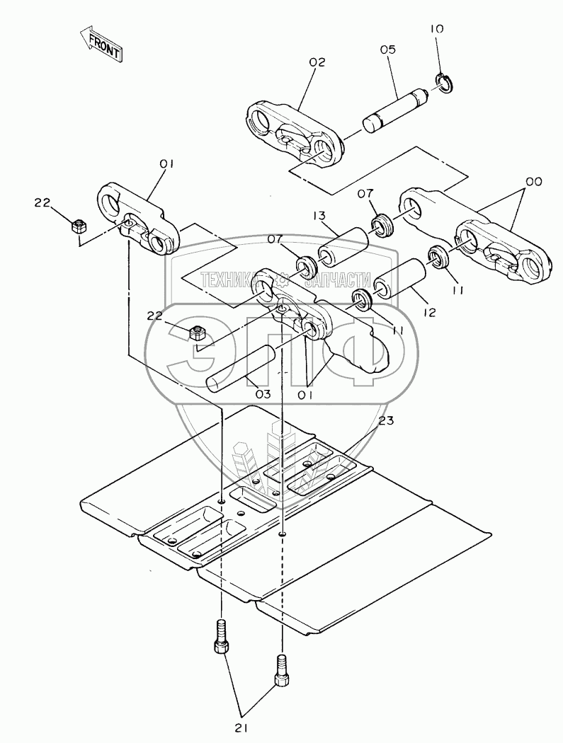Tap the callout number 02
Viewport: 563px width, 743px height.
click(x=317, y=62)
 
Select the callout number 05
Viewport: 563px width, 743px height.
click(x=387, y=50)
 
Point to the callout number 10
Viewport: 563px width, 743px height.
click(x=437, y=29)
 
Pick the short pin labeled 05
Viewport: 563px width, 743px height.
click(x=395, y=110)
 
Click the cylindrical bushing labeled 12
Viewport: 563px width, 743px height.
click(x=399, y=281)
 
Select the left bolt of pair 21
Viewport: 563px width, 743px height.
click(x=221, y=635)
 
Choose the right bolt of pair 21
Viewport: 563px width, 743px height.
click(x=281, y=670)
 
